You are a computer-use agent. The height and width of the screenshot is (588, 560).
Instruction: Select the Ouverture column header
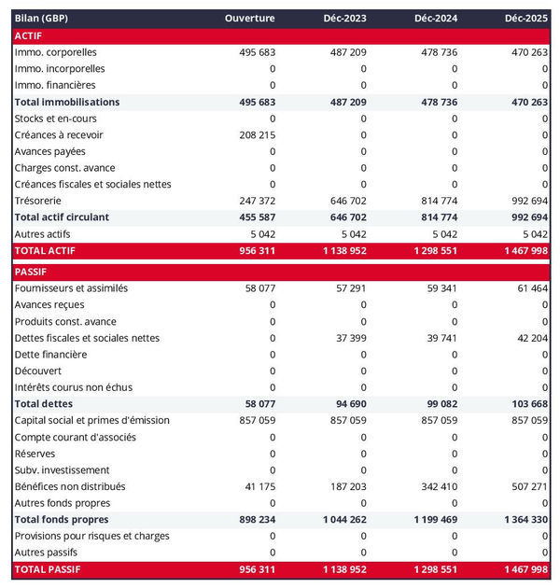coord(250,19)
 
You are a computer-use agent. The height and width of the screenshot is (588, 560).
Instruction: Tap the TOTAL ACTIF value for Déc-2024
coord(433,251)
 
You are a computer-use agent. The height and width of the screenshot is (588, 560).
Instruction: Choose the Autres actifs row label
coord(43,233)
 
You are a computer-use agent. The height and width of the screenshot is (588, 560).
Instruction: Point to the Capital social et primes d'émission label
coord(91,420)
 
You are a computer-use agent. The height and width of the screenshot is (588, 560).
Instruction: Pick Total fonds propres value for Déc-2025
coord(525,519)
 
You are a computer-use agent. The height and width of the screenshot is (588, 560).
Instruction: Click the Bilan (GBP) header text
coord(41,19)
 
